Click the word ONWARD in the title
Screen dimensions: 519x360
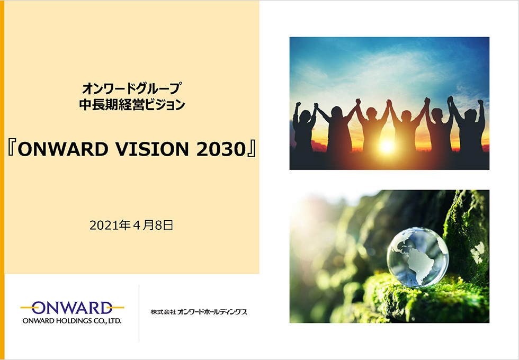coord(63,149)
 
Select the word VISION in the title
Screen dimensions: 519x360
coord(152,149)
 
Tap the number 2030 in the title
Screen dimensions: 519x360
coord(220,149)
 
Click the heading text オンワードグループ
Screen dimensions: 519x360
coord(132,88)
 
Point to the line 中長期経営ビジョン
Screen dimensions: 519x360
coord(132,105)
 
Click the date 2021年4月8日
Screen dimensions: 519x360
coord(131,226)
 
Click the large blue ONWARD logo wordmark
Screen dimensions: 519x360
coord(72,308)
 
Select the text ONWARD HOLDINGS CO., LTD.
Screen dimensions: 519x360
coord(72,321)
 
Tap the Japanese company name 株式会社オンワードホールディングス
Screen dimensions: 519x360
coord(199,312)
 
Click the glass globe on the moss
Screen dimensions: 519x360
coord(417,257)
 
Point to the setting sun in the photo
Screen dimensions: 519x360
coord(387,146)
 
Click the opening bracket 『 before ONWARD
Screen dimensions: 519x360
coord(11,149)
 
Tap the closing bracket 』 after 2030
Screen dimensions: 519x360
coord(251,149)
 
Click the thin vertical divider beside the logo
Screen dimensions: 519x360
coord(139,313)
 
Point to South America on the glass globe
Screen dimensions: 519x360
coord(418,265)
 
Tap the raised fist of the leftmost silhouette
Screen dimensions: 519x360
coord(298,105)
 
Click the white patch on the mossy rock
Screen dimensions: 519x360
coord(477,253)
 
